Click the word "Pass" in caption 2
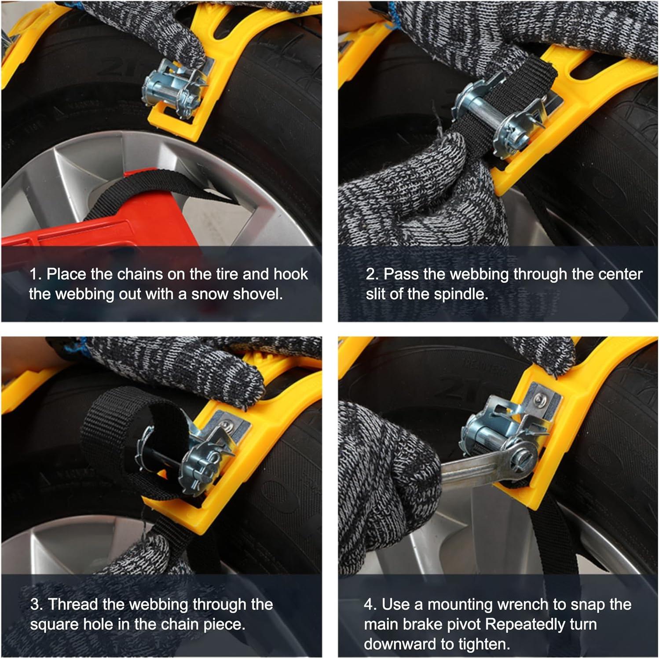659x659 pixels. tap(401, 274)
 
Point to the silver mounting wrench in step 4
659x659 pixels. tap(488, 462)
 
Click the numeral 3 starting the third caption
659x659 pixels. tap(35, 604)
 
